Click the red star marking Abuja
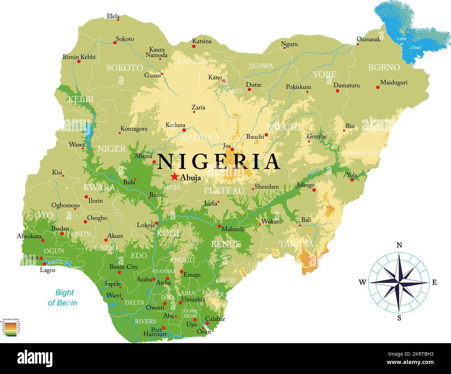click(175, 177)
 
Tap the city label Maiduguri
click(393, 82)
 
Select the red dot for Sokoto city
click(115, 43)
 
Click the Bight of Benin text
click(63, 297)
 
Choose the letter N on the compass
click(399, 245)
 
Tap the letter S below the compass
click(399, 318)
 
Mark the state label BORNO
click(384, 67)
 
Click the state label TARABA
click(296, 244)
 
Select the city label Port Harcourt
click(154, 332)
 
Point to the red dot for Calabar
click(207, 323)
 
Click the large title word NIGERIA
click(219, 162)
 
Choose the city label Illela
click(113, 16)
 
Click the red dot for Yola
click(352, 180)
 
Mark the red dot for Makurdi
click(219, 226)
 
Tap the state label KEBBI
click(80, 99)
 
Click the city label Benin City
click(124, 267)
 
